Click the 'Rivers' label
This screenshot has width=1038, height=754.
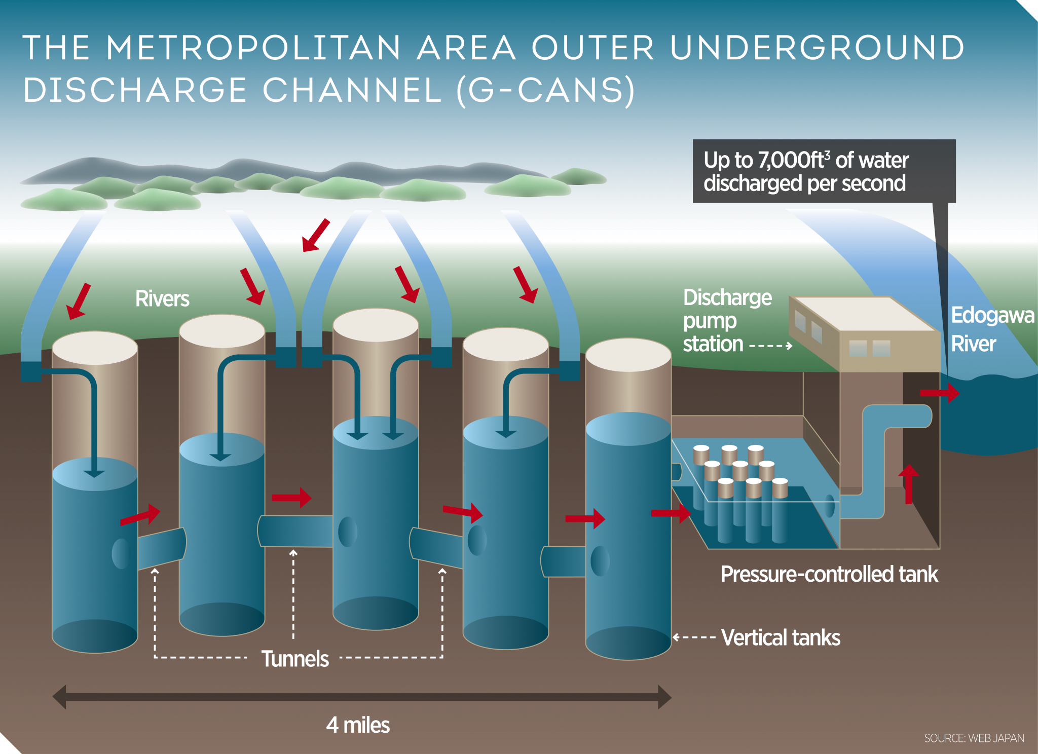[x=162, y=299]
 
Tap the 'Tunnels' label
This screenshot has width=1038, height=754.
[x=295, y=659]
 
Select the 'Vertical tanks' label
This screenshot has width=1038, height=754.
[x=781, y=637]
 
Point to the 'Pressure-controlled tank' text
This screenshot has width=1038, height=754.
[x=829, y=574]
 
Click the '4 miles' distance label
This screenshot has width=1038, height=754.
[x=358, y=725]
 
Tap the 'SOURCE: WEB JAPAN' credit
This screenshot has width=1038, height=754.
[x=974, y=738]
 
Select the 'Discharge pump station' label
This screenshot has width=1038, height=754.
[x=727, y=320]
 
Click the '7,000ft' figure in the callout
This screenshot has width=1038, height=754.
[x=793, y=160]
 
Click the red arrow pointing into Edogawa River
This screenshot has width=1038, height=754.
[x=940, y=393]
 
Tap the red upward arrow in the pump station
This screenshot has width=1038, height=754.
[x=908, y=484]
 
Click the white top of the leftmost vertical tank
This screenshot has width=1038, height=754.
[x=95, y=348]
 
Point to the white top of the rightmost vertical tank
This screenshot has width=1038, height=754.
[x=628, y=355]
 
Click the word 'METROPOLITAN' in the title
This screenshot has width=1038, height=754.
[x=253, y=48]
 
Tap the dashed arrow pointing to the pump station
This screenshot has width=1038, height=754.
[x=770, y=346]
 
